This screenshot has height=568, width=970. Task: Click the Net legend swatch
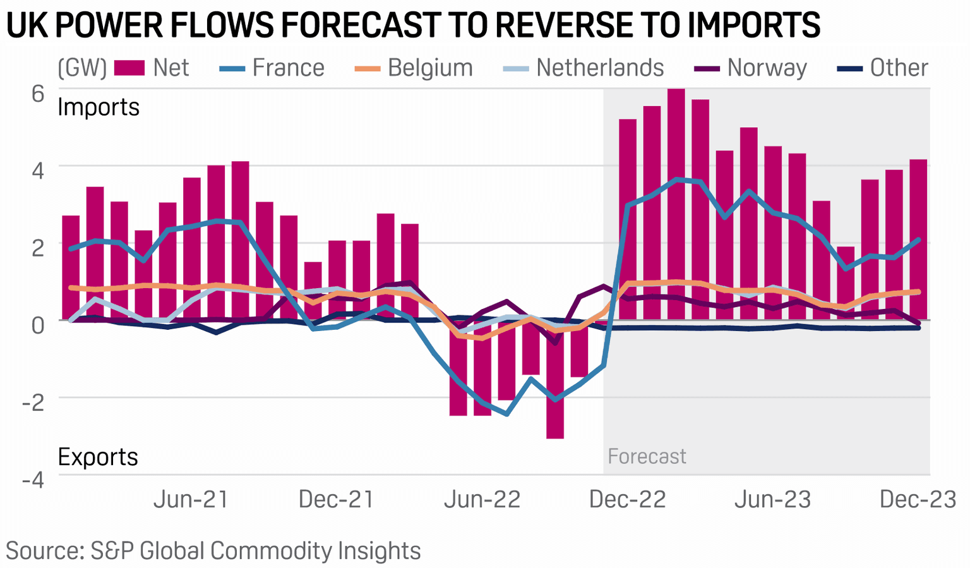(x=129, y=68)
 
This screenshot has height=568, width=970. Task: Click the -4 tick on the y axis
(x=33, y=479)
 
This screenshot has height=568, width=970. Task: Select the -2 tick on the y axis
(x=33, y=402)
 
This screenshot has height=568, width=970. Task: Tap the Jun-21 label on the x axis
(x=191, y=500)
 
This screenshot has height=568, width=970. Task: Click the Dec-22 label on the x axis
(x=627, y=500)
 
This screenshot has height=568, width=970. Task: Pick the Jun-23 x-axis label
(x=772, y=500)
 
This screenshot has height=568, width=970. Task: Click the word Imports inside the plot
(x=99, y=107)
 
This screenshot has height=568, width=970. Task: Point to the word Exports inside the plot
(x=98, y=457)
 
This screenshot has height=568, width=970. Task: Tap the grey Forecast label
(x=647, y=456)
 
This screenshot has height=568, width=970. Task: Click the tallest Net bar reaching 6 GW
(x=676, y=202)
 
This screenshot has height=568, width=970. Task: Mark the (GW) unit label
(x=82, y=68)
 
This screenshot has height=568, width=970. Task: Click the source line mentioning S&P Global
(x=213, y=550)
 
